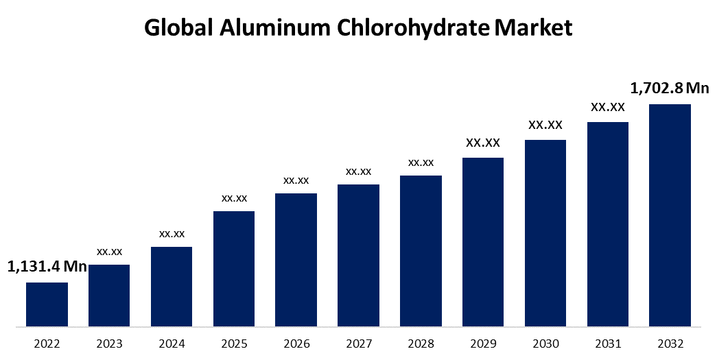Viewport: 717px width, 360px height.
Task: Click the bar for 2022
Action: (x=47, y=304)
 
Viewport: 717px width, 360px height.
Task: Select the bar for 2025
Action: (x=234, y=268)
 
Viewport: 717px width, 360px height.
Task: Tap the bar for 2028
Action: (x=421, y=250)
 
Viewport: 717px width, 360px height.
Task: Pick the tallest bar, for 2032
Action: (x=670, y=215)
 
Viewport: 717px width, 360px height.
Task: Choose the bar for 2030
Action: (x=545, y=232)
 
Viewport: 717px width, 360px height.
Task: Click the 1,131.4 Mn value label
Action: (x=47, y=267)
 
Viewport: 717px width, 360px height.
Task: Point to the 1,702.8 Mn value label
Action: (x=670, y=88)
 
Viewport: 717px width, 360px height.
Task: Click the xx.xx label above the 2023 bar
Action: (x=109, y=252)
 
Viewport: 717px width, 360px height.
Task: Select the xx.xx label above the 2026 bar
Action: (x=296, y=180)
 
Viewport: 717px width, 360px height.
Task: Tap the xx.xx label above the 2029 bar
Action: (x=483, y=143)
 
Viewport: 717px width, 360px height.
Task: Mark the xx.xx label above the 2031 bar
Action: (x=608, y=108)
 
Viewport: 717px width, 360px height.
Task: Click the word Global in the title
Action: (x=180, y=28)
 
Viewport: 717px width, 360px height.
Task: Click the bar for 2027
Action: (x=358, y=255)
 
